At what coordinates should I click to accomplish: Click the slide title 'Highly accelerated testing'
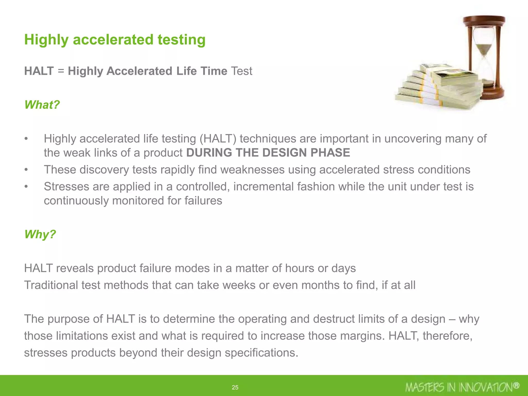point(115,40)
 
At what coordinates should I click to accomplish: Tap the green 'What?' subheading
point(42,105)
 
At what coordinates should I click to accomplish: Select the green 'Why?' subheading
point(40,234)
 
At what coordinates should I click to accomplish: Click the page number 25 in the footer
point(235,387)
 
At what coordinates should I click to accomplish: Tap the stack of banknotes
point(438,88)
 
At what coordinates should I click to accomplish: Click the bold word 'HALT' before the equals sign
point(39,71)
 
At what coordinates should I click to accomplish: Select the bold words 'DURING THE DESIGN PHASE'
point(268,153)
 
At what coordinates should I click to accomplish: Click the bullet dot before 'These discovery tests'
point(26,170)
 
